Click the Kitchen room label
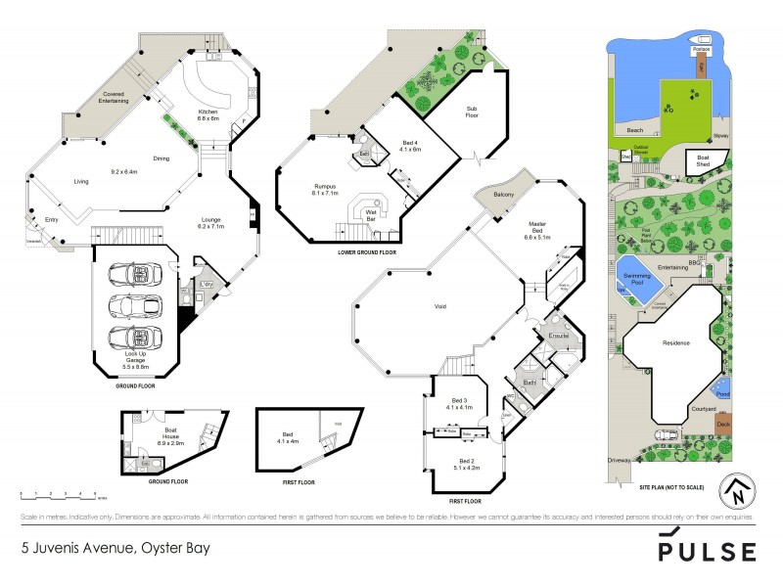[208, 114]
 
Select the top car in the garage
[133, 270]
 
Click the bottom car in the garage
[134, 338]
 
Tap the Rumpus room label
[324, 190]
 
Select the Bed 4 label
[409, 146]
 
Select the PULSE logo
[707, 547]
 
